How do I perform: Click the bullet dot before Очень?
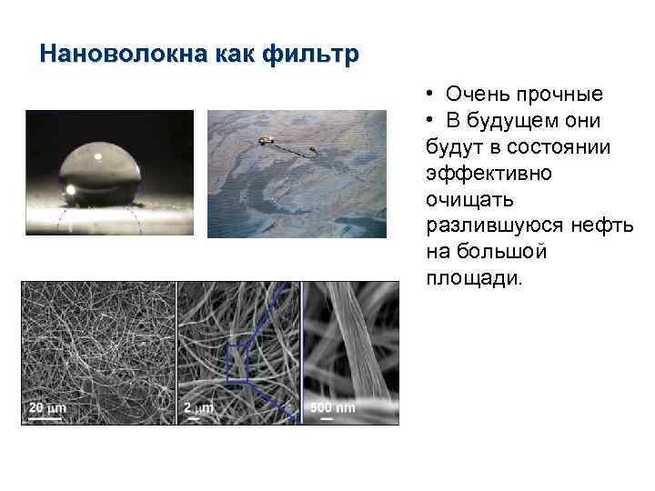pos(427,95)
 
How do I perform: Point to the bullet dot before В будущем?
pos(427,121)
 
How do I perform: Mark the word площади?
pos(473,276)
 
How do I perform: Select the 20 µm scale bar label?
pos(45,408)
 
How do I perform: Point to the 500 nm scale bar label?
pos(333,408)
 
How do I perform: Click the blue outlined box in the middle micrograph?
pos(238,358)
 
